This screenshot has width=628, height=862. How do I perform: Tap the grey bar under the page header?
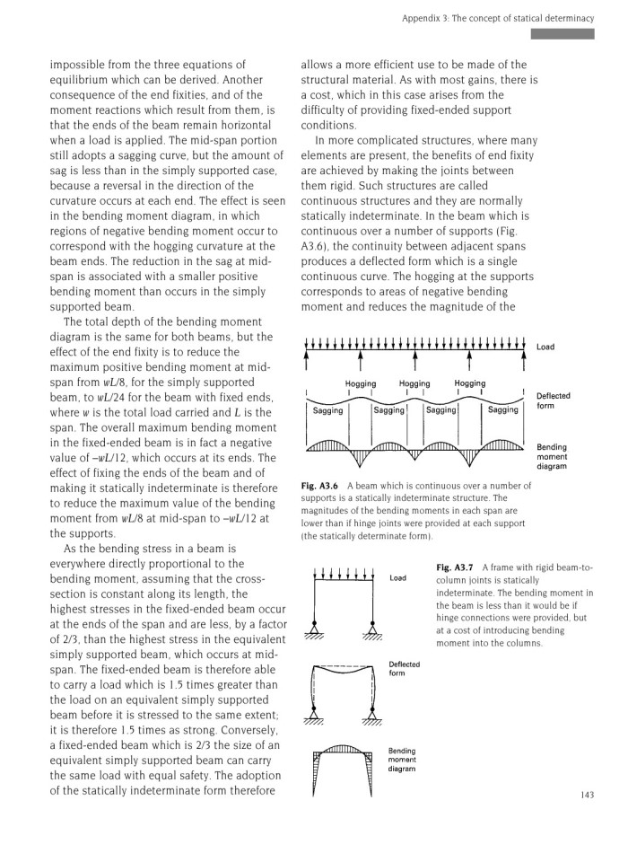[562, 34]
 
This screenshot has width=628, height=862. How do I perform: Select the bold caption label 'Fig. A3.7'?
[454, 568]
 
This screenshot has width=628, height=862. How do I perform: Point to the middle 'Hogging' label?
[414, 383]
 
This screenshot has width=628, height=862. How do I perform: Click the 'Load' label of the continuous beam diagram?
[545, 346]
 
